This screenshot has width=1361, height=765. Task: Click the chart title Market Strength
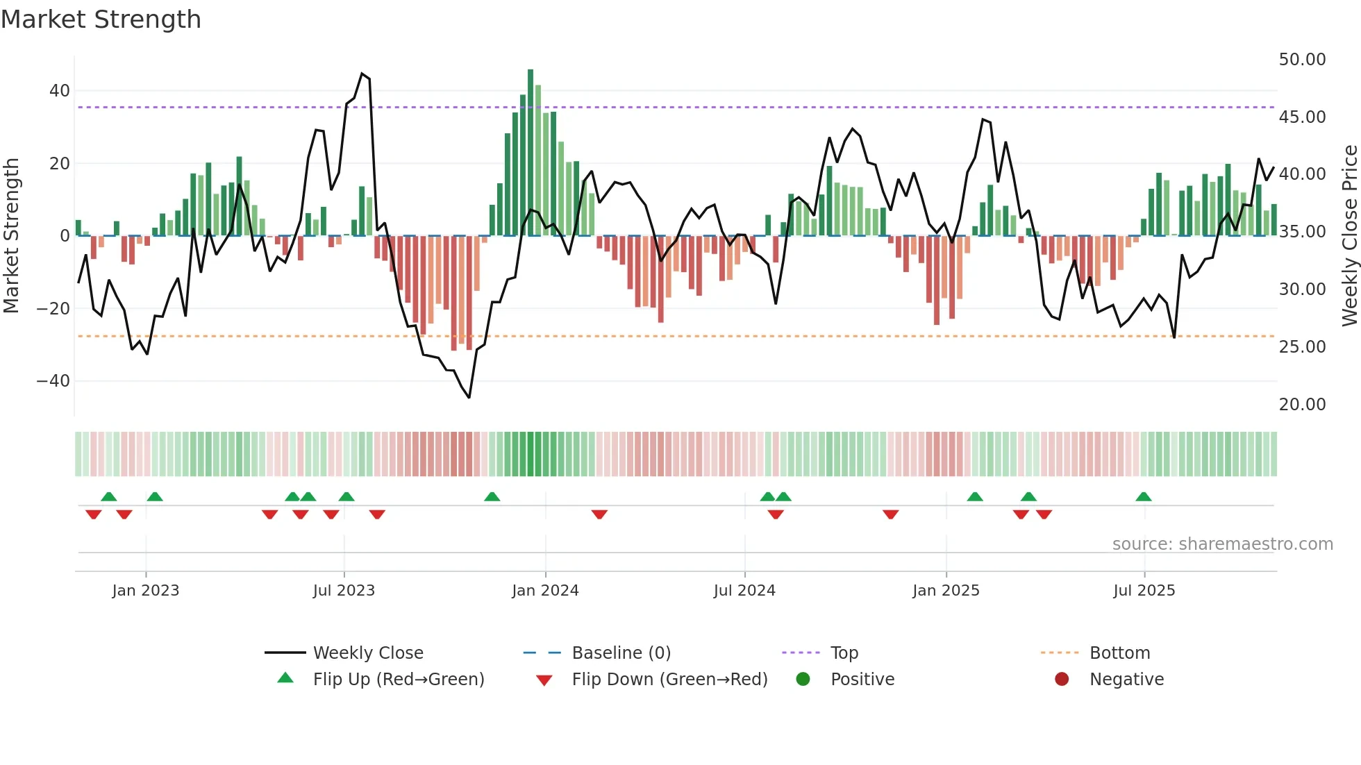(101, 19)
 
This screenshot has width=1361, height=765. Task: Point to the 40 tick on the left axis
(60, 91)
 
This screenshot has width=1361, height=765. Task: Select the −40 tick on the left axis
(53, 381)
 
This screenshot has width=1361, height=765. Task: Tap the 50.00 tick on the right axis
(1302, 60)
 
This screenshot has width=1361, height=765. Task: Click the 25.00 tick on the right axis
(1302, 347)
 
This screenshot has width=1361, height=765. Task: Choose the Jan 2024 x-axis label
(545, 591)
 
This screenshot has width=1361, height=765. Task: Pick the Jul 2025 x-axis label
(1144, 591)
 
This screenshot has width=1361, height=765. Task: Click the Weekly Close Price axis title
(1349, 235)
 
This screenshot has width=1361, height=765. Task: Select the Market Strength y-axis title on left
(12, 235)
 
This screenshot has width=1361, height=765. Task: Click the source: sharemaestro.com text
(1222, 544)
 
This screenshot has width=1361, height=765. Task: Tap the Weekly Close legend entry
(367, 653)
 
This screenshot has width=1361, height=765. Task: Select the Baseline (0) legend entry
(621, 653)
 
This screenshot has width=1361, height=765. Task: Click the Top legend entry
(844, 653)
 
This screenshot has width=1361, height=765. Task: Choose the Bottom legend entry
(1119, 653)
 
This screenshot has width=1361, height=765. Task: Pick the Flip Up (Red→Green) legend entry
(398, 680)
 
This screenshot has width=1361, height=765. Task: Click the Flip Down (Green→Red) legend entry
(669, 680)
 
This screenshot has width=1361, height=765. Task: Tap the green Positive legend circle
(803, 680)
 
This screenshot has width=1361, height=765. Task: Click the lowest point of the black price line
(469, 397)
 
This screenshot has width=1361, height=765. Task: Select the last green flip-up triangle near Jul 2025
(1144, 497)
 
